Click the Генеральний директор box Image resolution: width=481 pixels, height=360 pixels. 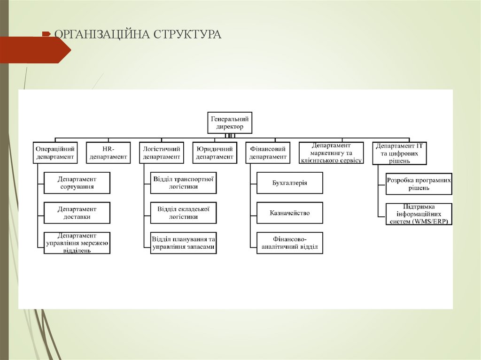230,123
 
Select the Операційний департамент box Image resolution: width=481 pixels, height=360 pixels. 55,153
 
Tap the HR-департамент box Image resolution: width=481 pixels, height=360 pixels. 109,153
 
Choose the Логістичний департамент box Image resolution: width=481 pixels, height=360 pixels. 162,153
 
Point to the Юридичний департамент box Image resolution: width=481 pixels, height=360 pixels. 215,153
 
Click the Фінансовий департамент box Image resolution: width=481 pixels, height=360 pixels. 268,153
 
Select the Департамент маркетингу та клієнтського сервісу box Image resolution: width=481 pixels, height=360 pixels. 331,153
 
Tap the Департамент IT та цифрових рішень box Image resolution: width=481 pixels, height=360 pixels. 399,153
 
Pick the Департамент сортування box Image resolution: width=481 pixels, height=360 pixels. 77,183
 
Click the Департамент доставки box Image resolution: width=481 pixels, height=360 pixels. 77,213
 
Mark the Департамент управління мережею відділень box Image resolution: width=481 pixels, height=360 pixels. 77,243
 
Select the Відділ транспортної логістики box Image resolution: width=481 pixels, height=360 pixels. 183,183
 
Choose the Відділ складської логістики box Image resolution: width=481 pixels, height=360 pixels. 183,213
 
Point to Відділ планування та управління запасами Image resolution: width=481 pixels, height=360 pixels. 183,243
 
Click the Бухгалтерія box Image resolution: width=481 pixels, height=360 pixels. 290,183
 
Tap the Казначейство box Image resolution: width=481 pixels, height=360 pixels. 290,213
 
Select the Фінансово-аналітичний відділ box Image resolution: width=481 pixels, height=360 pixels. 290,243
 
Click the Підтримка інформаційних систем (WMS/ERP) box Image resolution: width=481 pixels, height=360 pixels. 419,214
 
